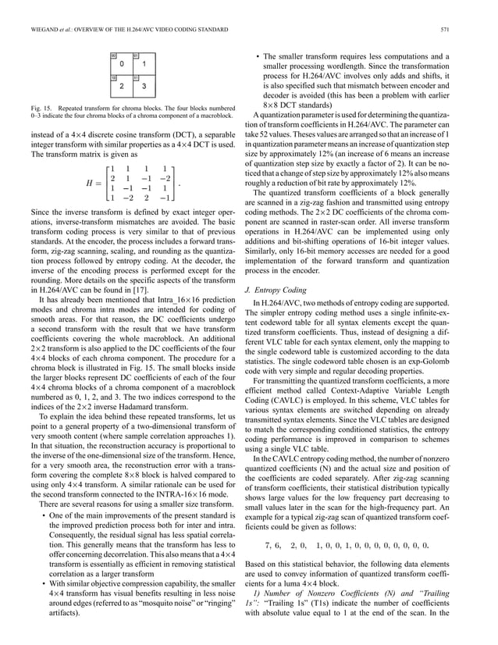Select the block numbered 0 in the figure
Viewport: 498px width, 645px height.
(x=121, y=64)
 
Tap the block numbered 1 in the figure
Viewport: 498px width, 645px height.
(x=144, y=64)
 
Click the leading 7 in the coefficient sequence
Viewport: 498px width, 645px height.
(x=269, y=522)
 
